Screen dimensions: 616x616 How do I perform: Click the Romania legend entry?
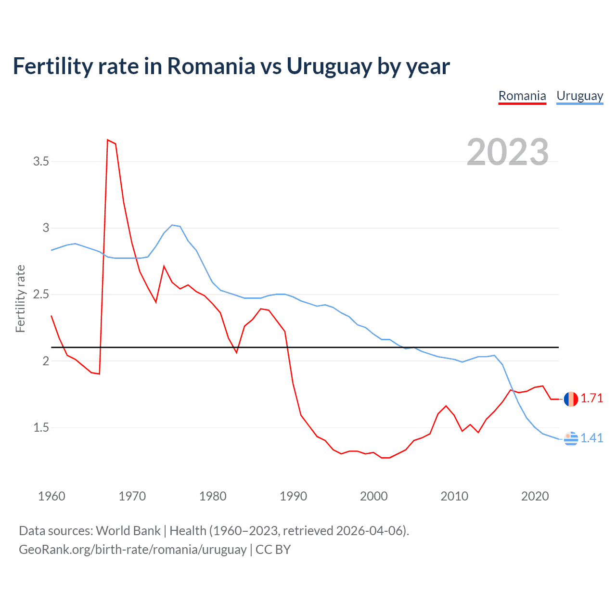pos(522,96)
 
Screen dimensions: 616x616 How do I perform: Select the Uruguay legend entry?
pos(579,96)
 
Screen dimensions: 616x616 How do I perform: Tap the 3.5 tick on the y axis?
pos(41,162)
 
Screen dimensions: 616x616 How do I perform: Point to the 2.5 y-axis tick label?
pos(41,295)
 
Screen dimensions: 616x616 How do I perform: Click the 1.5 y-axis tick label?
pos(41,428)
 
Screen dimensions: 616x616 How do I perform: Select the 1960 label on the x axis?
pos(51,496)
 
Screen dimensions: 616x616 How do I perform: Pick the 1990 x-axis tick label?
pos(293,496)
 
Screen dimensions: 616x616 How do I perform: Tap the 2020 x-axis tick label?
pos(535,496)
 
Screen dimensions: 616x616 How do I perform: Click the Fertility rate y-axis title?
pos(20,298)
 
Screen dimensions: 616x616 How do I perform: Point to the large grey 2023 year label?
pos(507,152)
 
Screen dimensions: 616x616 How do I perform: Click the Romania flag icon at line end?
pos(571,399)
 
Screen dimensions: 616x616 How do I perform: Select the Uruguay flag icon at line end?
pos(571,438)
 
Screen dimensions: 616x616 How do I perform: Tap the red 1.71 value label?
pos(591,398)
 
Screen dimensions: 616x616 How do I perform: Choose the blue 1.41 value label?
pos(591,438)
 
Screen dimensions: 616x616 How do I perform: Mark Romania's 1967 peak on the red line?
pos(108,140)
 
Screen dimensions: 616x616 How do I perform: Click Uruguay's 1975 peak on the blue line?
pos(172,225)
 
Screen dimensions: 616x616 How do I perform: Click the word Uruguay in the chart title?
pos(329,66)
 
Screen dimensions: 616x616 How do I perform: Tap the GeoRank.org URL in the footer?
pos(132,550)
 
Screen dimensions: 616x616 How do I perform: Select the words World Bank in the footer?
pos(128,531)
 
